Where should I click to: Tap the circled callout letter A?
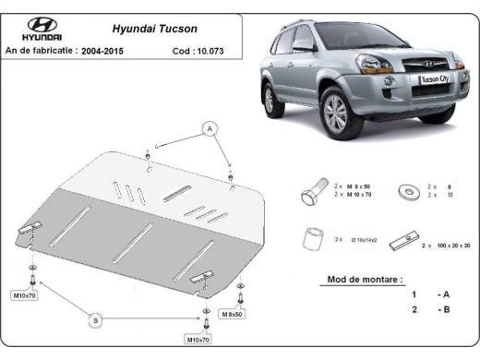coord(211,128)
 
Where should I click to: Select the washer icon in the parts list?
coord(406,192)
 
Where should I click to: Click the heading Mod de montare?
coord(365,278)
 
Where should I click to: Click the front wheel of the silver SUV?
coord(334,114)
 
